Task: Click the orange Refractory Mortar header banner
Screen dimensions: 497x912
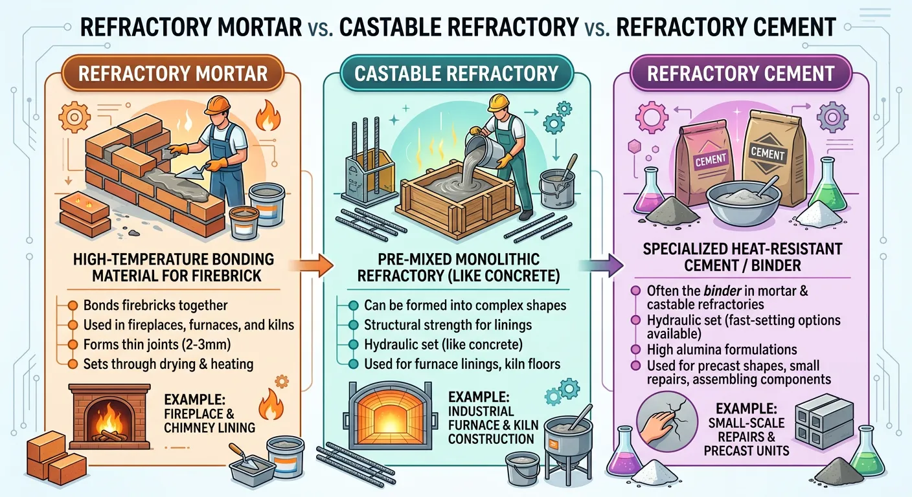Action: point(173,73)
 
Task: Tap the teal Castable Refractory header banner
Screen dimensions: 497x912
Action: point(456,73)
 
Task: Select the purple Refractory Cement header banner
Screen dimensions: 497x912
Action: point(740,73)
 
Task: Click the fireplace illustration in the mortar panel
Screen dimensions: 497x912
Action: point(106,414)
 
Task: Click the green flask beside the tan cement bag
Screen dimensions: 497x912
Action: point(819,188)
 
